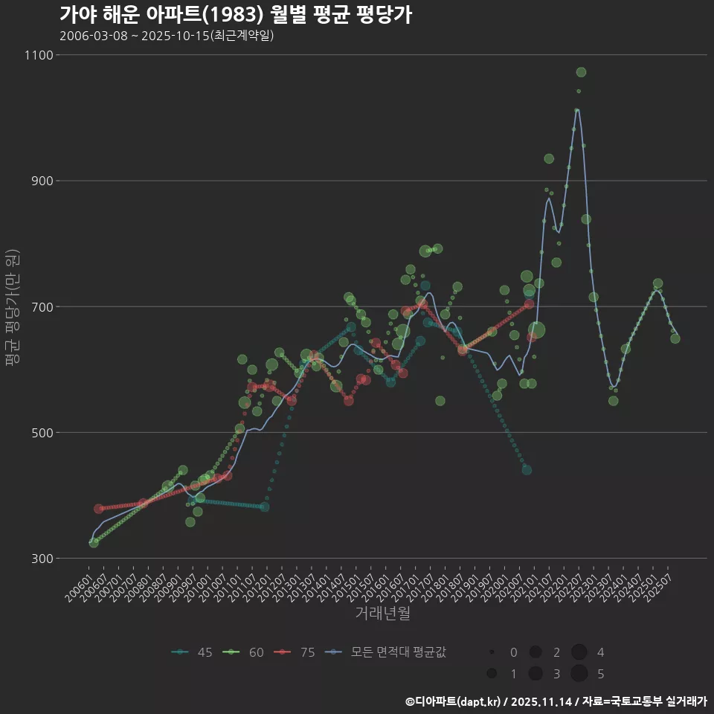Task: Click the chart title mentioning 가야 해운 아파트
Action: tap(235, 15)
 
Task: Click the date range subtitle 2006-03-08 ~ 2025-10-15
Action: tap(167, 36)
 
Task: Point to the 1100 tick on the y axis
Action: tap(38, 55)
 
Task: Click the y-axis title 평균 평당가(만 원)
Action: tap(12, 306)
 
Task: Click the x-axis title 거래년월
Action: tap(382, 614)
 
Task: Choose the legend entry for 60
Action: tap(245, 652)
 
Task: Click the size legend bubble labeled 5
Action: tap(579, 674)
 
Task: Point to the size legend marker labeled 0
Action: tap(492, 652)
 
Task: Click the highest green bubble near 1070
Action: tap(581, 72)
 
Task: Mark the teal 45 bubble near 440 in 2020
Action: tap(527, 470)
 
